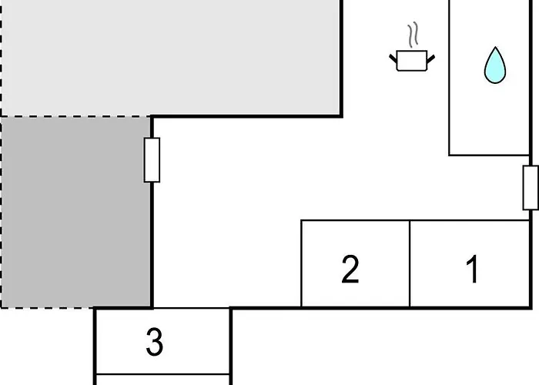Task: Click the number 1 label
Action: (473, 269)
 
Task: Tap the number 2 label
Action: (350, 269)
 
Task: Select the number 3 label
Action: (155, 341)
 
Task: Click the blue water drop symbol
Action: (495, 65)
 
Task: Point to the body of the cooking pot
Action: (412, 61)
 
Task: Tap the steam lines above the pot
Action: (413, 35)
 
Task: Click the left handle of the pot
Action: (393, 58)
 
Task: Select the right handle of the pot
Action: (430, 59)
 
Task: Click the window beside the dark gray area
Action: (152, 160)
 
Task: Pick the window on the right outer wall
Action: (531, 188)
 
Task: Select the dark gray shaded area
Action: (75, 212)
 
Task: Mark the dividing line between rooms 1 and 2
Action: (410, 263)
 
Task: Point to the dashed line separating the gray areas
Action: (75, 116)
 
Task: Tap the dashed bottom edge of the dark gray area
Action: (47, 307)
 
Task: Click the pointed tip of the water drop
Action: (495, 47)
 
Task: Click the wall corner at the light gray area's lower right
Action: (341, 116)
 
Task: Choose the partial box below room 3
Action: (163, 380)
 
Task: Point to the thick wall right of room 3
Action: (231, 346)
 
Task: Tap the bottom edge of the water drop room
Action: (489, 156)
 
